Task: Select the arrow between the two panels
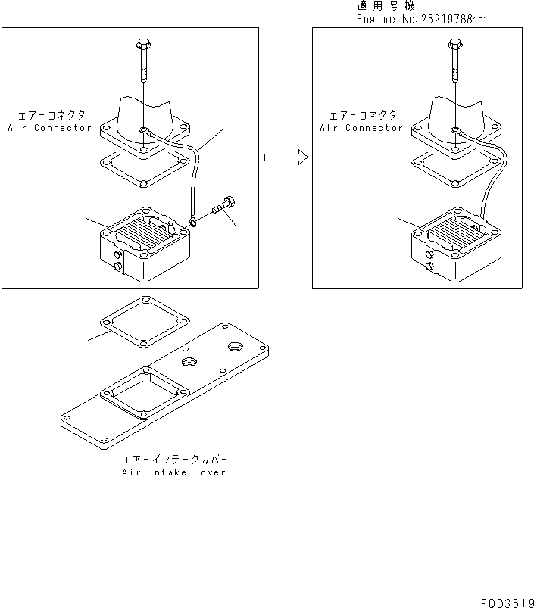(x=285, y=157)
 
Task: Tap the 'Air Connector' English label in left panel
(x=49, y=128)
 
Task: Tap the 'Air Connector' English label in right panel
(x=361, y=128)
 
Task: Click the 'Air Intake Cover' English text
(x=173, y=472)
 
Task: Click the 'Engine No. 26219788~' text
(x=420, y=19)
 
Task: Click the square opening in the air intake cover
(x=144, y=393)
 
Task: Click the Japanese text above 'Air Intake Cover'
(x=174, y=460)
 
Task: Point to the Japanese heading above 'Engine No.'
(x=386, y=6)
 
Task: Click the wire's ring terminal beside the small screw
(x=195, y=221)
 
